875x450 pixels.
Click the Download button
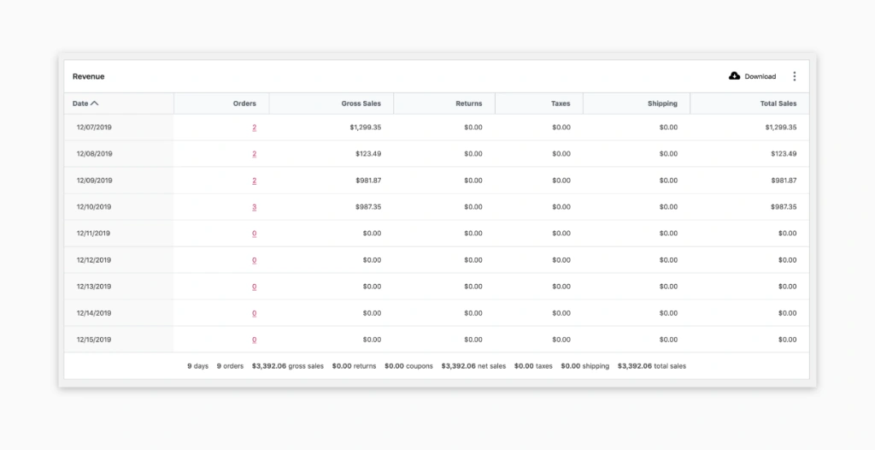tap(752, 76)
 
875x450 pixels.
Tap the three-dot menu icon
tap(794, 76)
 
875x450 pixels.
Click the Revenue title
tap(88, 76)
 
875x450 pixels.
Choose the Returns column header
tap(468, 104)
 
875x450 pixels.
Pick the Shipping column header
tap(662, 104)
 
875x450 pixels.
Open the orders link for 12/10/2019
tap(254, 207)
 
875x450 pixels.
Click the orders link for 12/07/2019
tap(254, 127)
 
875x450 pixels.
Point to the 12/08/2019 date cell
tap(94, 154)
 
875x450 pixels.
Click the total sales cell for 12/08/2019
tap(783, 154)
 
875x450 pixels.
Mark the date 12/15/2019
tap(94, 340)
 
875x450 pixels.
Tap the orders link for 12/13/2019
tap(254, 287)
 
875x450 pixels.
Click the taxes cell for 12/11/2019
tap(561, 234)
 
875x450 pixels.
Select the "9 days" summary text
tap(197, 366)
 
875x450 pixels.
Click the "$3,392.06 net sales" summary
tap(474, 366)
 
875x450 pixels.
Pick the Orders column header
tap(244, 104)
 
